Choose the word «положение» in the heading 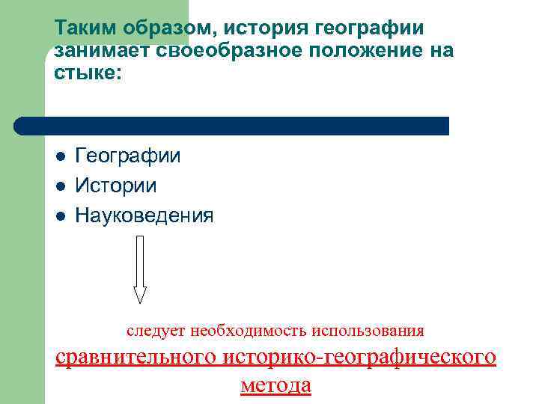[372, 52]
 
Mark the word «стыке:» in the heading [85, 74]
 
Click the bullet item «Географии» [128, 156]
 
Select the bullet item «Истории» [116, 186]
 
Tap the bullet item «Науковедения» [144, 216]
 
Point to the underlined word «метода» [275, 385]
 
